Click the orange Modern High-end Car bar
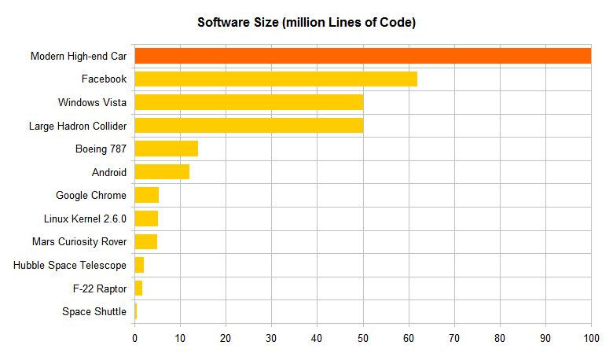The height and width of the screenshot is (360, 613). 362,56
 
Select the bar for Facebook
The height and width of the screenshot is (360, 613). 276,79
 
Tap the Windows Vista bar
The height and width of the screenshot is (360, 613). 248,102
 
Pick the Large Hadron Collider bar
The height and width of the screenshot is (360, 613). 248,125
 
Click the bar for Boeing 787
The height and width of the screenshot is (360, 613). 167,149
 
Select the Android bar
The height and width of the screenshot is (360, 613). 162,172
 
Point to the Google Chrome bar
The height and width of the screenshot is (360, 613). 147,195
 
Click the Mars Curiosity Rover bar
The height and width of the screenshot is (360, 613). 146,241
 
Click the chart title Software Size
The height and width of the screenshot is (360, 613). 306,23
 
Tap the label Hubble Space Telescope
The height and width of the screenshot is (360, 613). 70,265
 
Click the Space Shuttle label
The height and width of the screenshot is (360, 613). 94,312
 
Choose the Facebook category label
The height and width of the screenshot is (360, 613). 104,79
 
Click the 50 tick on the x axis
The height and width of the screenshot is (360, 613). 363,338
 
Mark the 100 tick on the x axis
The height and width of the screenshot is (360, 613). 591,338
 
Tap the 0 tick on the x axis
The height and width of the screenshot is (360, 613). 135,338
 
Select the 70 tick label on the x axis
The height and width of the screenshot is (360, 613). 454,338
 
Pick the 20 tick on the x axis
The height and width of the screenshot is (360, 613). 226,338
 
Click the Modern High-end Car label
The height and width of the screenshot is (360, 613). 78,56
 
